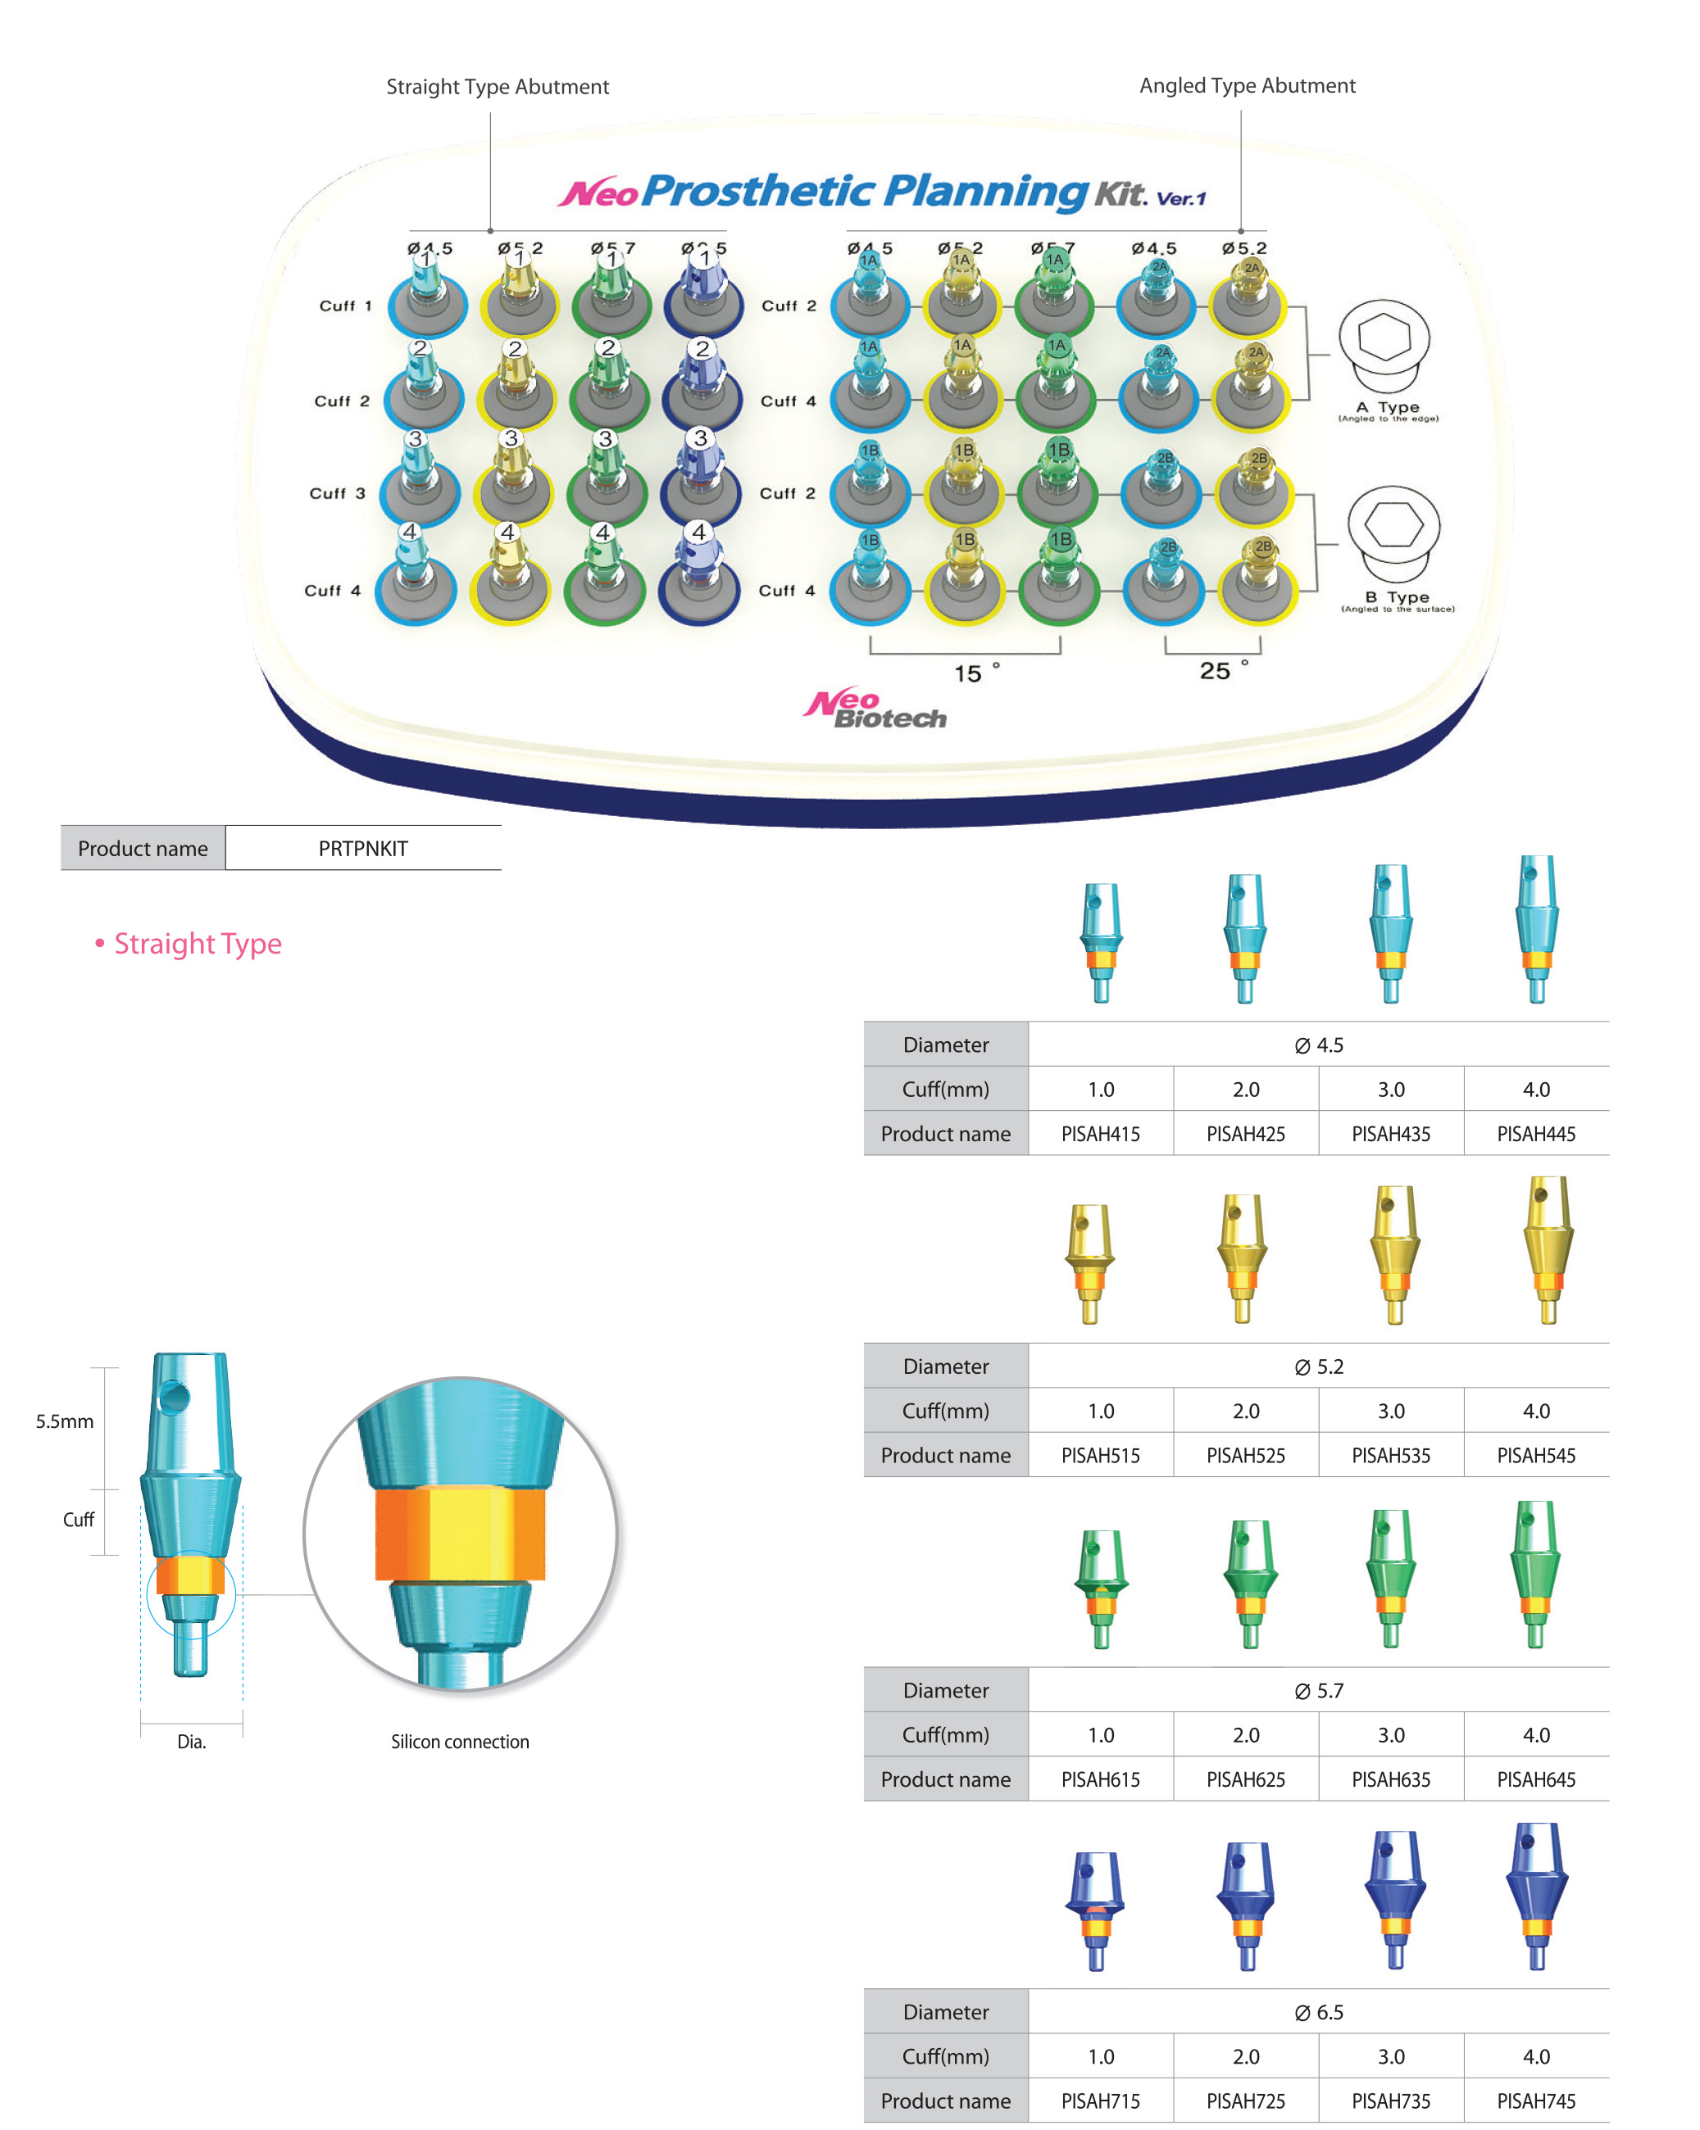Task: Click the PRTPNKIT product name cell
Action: [363, 849]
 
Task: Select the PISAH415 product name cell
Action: [1100, 1134]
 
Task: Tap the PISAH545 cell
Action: [1536, 1455]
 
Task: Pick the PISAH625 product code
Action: [1245, 1779]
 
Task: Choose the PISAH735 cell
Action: [1391, 2101]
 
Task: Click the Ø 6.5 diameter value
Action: [1319, 2011]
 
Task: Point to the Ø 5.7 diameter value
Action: [1319, 1690]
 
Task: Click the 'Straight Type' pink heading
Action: [197, 944]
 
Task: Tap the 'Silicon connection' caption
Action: [460, 1742]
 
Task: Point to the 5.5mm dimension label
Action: [64, 1421]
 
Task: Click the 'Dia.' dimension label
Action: [191, 1742]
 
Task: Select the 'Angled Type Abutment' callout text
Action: [1248, 86]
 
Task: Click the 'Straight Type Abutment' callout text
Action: [498, 87]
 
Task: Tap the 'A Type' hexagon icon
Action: [1384, 342]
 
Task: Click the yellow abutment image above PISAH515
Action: [1089, 1262]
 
